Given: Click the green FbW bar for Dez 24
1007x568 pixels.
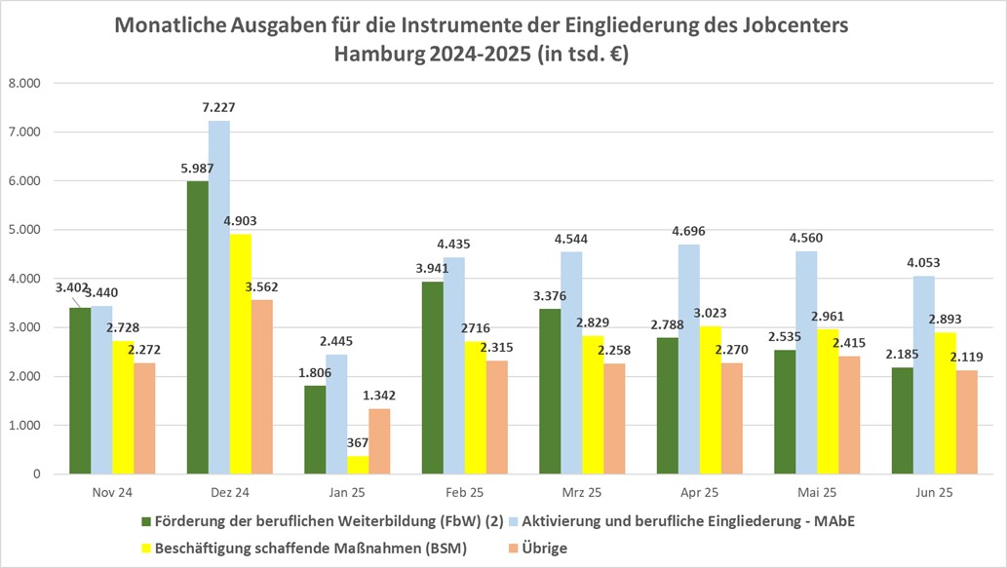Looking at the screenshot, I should coord(199,327).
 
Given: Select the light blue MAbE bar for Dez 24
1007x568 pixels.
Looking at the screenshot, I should coord(219,297).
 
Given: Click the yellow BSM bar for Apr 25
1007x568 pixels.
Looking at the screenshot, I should coord(711,399).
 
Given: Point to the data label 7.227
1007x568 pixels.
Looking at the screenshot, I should coord(219,108).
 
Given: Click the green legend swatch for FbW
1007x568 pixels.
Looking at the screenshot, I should coord(149,521).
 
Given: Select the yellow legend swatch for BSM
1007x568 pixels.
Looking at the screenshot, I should coord(149,548).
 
